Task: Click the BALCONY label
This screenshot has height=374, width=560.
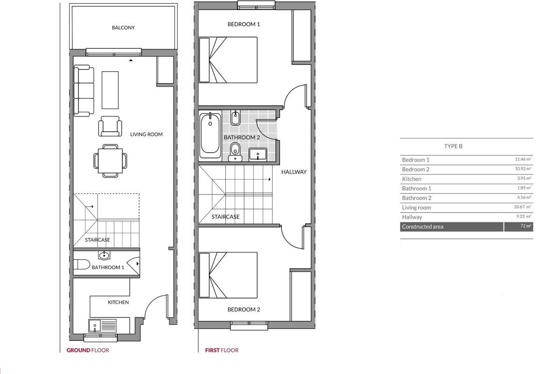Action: pos(123,28)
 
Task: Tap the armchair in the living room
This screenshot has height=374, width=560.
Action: pos(110,126)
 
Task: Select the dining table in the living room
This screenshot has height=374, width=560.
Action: pos(110,161)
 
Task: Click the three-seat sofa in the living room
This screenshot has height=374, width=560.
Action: pos(84,91)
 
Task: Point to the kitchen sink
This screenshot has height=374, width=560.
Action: pos(95,325)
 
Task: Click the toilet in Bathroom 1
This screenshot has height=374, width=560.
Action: pos(82,265)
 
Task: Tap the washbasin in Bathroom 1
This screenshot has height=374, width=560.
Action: pos(104,256)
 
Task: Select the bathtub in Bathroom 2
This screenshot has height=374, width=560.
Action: pos(210,136)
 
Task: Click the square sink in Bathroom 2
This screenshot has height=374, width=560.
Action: pos(258,154)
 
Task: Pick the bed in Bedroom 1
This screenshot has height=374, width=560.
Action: pos(228,60)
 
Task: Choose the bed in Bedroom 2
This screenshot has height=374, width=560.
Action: pos(228,275)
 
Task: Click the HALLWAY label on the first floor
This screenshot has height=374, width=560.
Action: pos(294,172)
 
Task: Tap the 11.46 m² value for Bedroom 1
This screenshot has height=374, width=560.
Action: pos(523,159)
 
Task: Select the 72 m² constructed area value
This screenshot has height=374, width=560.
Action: pos(526,226)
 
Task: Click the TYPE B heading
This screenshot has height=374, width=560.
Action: pos(453,146)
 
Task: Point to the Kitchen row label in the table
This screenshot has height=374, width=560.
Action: pos(412,179)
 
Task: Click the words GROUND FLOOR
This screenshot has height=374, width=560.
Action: pos(88,350)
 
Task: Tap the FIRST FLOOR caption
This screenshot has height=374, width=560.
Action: pos(222,350)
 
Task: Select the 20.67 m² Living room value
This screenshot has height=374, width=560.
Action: pos(523,207)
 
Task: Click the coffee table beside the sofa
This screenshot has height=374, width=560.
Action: pos(110,90)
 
